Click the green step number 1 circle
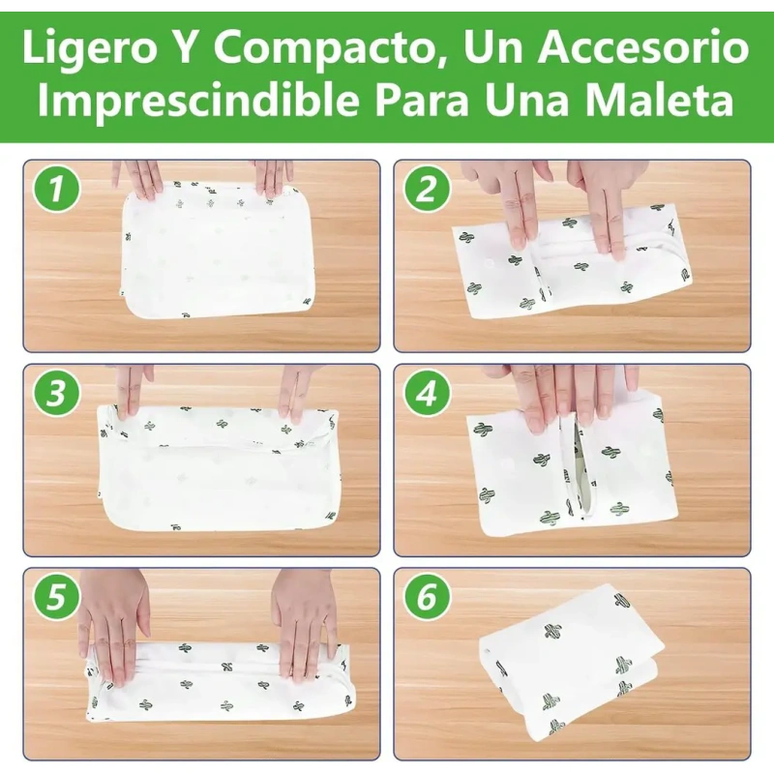pos(56,189)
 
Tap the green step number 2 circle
pos(427,189)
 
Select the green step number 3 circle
pos(56,394)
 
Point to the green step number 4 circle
pos(427,394)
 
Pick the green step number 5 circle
pos(56,597)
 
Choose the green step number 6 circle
pos(427,597)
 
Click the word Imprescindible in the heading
pos(198,101)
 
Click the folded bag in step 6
pos(572,656)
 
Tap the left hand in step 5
pos(113,627)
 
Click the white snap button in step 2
pos(489,262)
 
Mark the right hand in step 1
pos(272,179)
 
